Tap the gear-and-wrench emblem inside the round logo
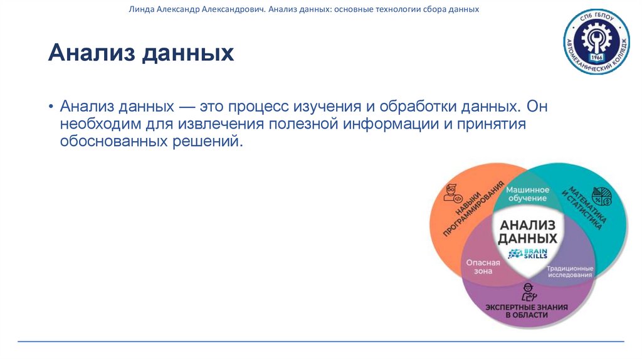coord(596,38)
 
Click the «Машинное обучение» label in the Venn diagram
coord(527,194)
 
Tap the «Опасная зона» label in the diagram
coord(483,267)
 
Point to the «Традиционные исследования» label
coord(570,272)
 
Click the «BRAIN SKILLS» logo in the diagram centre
coord(528,253)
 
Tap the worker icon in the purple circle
coord(529,290)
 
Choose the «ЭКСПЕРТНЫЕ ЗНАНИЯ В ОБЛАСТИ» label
coord(527,310)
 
